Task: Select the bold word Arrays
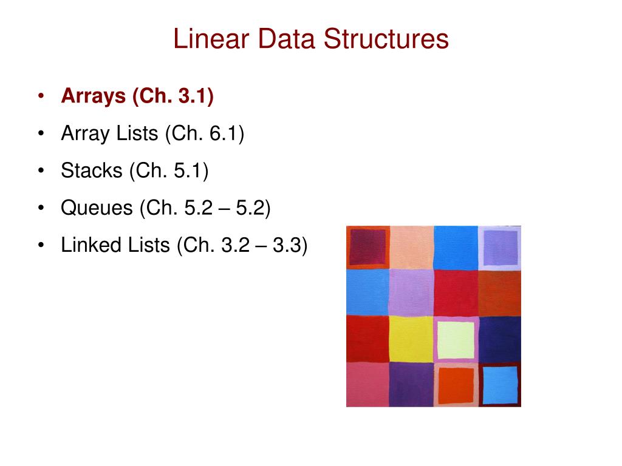(92, 96)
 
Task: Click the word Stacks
(91, 171)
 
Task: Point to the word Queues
(97, 208)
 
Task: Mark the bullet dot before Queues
(41, 208)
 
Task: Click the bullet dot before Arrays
(41, 97)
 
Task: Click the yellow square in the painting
(411, 339)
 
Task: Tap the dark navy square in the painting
(500, 339)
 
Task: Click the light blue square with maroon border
(500, 385)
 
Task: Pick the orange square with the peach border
(456, 385)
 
